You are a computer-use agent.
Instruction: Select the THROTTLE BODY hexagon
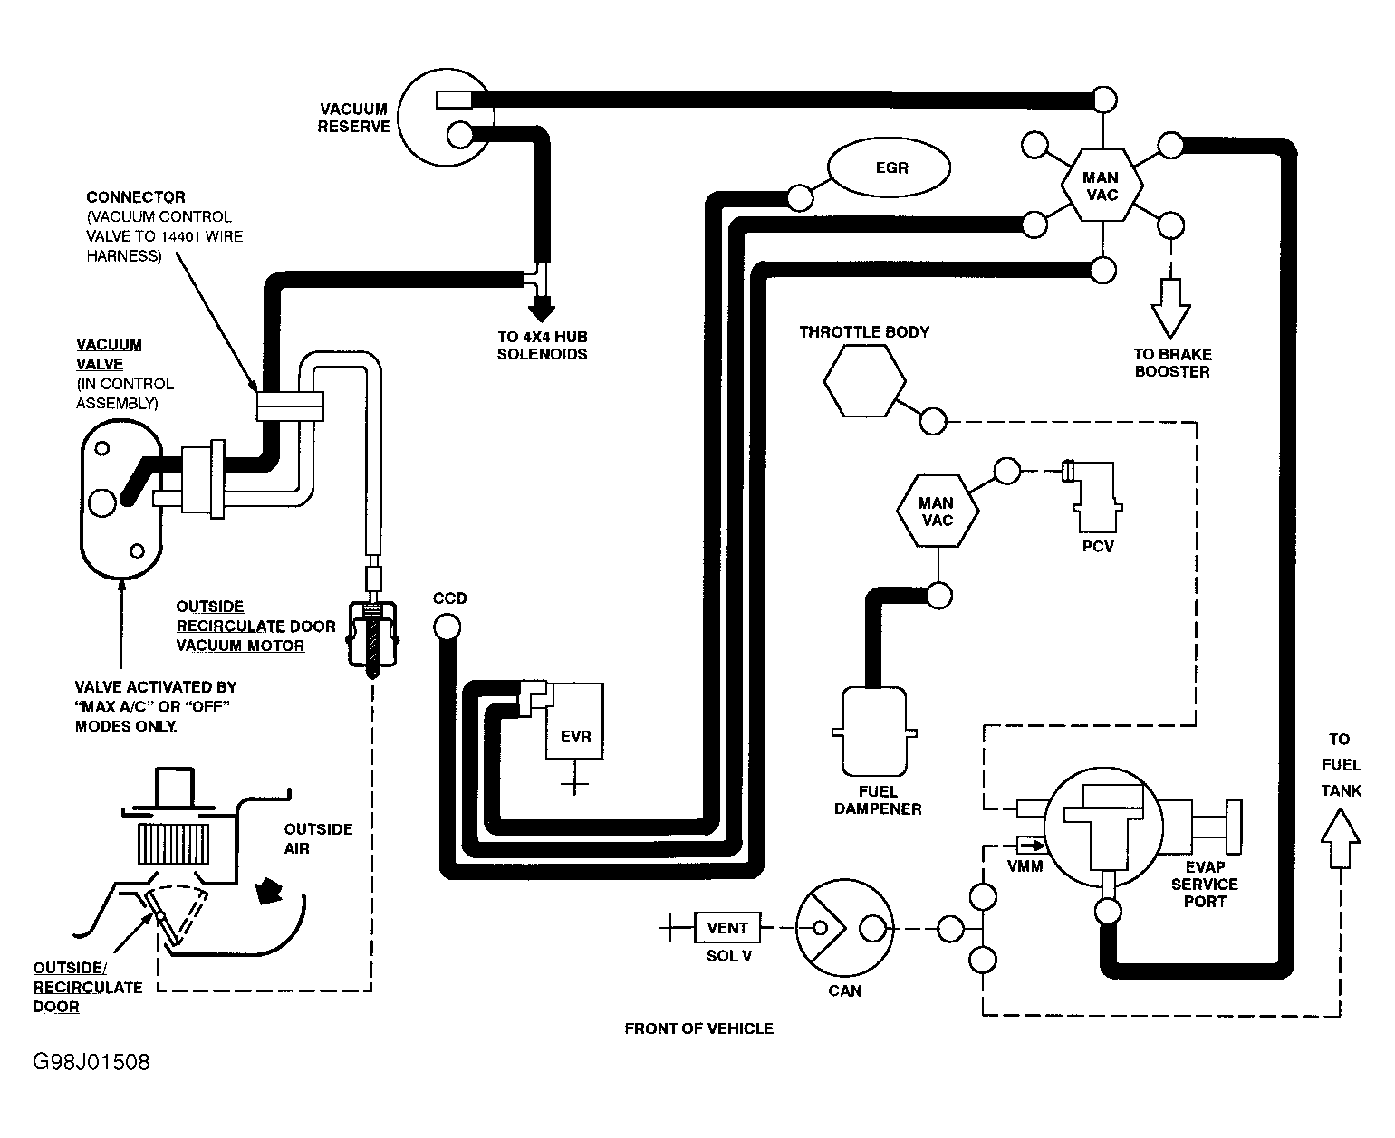coord(864,381)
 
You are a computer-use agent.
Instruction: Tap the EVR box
coord(574,722)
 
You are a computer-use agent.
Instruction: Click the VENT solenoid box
coord(726,928)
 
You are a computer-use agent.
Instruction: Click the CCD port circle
coord(446,626)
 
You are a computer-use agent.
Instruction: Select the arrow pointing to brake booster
coord(1172,310)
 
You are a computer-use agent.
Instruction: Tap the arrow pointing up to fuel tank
coord(1341,840)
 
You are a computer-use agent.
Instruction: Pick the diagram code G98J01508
coord(91,1061)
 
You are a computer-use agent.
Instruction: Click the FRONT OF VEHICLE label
coord(698,1028)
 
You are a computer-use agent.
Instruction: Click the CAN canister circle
coord(842,928)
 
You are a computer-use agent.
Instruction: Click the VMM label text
coord(1025,866)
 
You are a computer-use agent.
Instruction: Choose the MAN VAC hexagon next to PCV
coord(937,512)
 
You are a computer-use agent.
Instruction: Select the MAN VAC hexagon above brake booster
coord(1101,186)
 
